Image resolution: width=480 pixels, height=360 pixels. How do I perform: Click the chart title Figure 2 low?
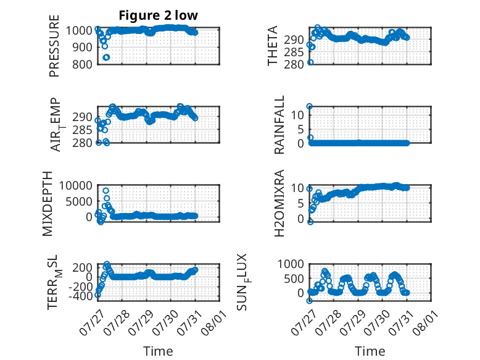pyautogui.click(x=159, y=15)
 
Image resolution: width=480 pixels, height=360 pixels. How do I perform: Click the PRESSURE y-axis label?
pyautogui.click(x=54, y=46)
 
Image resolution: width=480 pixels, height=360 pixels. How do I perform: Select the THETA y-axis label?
pyautogui.click(x=272, y=46)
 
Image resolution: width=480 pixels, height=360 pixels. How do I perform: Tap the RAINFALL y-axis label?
pyautogui.click(x=279, y=125)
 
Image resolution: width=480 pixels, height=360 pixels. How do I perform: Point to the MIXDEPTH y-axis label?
pyautogui.click(x=48, y=204)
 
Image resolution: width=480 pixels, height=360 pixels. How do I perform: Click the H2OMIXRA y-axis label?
pyautogui.click(x=279, y=203)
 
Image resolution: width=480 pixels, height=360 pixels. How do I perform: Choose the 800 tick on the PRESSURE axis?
pyautogui.click(x=82, y=65)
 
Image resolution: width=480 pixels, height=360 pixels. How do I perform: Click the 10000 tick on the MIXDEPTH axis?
pyautogui.click(x=76, y=185)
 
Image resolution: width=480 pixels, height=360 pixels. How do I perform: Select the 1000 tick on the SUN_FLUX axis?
pyautogui.click(x=291, y=264)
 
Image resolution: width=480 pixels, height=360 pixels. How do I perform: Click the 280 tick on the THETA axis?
pyautogui.click(x=294, y=65)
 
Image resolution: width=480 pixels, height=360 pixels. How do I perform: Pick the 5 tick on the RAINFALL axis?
pyautogui.click(x=301, y=129)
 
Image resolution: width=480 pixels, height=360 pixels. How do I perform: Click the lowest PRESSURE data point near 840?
pyautogui.click(x=106, y=57)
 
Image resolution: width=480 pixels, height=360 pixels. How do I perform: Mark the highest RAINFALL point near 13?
pyautogui.click(x=310, y=106)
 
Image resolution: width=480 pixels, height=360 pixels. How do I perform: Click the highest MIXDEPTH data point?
pyautogui.click(x=106, y=191)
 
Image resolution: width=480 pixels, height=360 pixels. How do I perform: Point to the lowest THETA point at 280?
pyautogui.click(x=310, y=62)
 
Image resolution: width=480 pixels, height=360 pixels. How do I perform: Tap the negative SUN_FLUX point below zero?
pyautogui.click(x=309, y=301)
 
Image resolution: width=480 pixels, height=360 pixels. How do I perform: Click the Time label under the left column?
pyautogui.click(x=158, y=351)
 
